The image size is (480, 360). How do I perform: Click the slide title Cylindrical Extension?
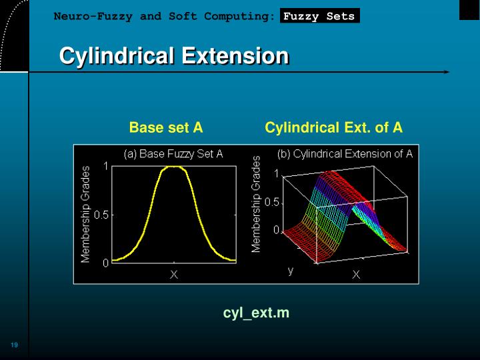[174, 56]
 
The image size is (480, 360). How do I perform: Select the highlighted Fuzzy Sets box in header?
[319, 16]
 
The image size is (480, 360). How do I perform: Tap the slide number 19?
[14, 345]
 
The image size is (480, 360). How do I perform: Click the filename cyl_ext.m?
[256, 313]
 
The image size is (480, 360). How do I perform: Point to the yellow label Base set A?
[166, 127]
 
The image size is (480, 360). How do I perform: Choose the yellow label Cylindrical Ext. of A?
[333, 127]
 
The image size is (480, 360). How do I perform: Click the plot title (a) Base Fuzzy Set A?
[173, 154]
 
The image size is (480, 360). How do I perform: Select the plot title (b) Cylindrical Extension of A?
[345, 154]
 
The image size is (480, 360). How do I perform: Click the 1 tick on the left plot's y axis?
[105, 167]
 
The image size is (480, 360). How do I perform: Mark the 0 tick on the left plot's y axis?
[105, 263]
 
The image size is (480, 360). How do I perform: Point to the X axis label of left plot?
[173, 274]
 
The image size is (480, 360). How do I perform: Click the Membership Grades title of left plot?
[85, 214]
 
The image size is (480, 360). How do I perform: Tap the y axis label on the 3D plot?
[291, 270]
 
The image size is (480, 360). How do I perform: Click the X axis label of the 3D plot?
[356, 274]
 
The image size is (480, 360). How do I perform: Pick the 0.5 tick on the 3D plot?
[272, 202]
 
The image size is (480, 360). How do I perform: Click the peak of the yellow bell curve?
[174, 167]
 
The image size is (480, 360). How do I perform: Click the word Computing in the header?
[238, 16]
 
